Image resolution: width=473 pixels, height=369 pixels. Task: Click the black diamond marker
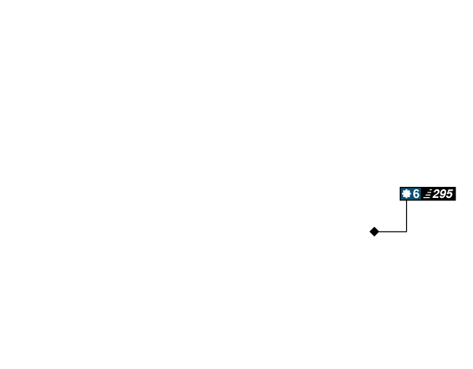click(374, 232)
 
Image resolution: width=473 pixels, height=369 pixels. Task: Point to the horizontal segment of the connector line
click(393, 232)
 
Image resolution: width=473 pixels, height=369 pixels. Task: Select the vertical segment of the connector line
click(406, 216)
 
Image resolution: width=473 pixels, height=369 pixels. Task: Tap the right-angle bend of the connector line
click(406, 232)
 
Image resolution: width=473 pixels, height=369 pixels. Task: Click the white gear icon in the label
click(406, 194)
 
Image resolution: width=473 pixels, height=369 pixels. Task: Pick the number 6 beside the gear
click(416, 194)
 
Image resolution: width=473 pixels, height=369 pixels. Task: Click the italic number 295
click(442, 194)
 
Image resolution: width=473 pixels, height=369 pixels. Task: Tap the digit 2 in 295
click(436, 194)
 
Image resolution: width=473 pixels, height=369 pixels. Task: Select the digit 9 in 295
click(443, 194)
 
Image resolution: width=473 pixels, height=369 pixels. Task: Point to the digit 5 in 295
click(449, 194)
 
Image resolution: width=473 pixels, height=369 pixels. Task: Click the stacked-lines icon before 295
click(428, 194)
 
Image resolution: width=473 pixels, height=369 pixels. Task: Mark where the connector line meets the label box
click(406, 200)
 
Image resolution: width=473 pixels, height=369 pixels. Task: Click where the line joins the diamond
click(379, 232)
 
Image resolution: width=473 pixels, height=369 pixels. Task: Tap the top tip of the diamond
click(374, 227)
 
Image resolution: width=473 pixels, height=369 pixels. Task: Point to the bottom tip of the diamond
click(374, 237)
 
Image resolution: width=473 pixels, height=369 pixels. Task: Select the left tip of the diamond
click(370, 232)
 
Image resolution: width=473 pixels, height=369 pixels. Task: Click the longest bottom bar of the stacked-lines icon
click(426, 198)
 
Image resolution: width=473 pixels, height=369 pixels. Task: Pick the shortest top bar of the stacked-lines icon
click(430, 190)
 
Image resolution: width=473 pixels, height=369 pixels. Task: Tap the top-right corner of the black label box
click(456, 187)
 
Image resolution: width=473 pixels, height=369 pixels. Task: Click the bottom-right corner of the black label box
click(456, 200)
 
